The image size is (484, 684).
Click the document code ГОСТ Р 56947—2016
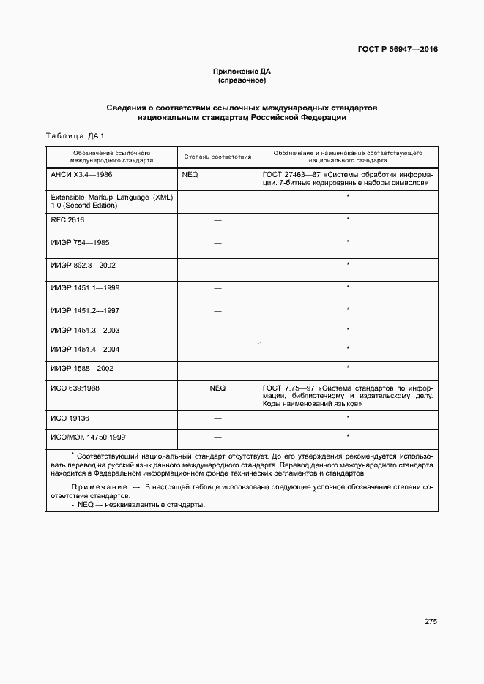[398, 50]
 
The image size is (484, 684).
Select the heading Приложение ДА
[242, 71]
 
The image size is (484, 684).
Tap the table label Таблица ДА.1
[75, 136]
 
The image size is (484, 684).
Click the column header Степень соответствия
[217, 157]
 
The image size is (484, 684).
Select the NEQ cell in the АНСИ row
[190, 176]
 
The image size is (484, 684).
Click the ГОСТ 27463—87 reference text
[347, 180]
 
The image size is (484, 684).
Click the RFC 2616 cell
[68, 219]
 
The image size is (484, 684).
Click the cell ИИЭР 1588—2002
[82, 368]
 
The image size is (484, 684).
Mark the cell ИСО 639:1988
[75, 388]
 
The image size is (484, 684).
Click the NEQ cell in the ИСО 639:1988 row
[217, 388]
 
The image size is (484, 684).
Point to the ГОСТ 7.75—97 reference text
[347, 396]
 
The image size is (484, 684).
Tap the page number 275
[431, 622]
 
